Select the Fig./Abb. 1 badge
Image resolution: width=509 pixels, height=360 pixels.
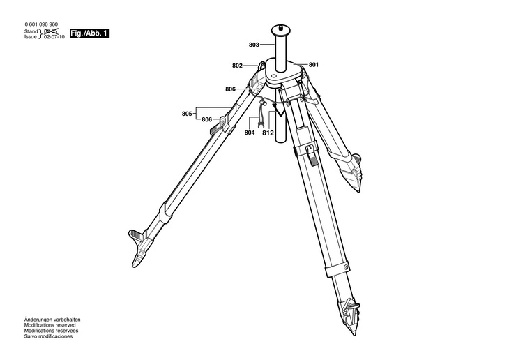[90, 33]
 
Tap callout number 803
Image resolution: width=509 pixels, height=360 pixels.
[254, 45]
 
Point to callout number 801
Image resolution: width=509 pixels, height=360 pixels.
[313, 65]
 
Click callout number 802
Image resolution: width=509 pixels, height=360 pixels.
[237, 66]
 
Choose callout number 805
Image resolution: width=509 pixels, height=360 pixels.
[187, 114]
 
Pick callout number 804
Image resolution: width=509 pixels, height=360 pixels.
[250, 133]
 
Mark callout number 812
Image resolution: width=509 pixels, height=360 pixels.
[268, 133]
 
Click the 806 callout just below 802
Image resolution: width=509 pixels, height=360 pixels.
[230, 89]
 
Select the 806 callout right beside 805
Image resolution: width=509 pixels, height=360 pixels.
[207, 119]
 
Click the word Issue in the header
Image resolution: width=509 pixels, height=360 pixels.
[31, 38]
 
